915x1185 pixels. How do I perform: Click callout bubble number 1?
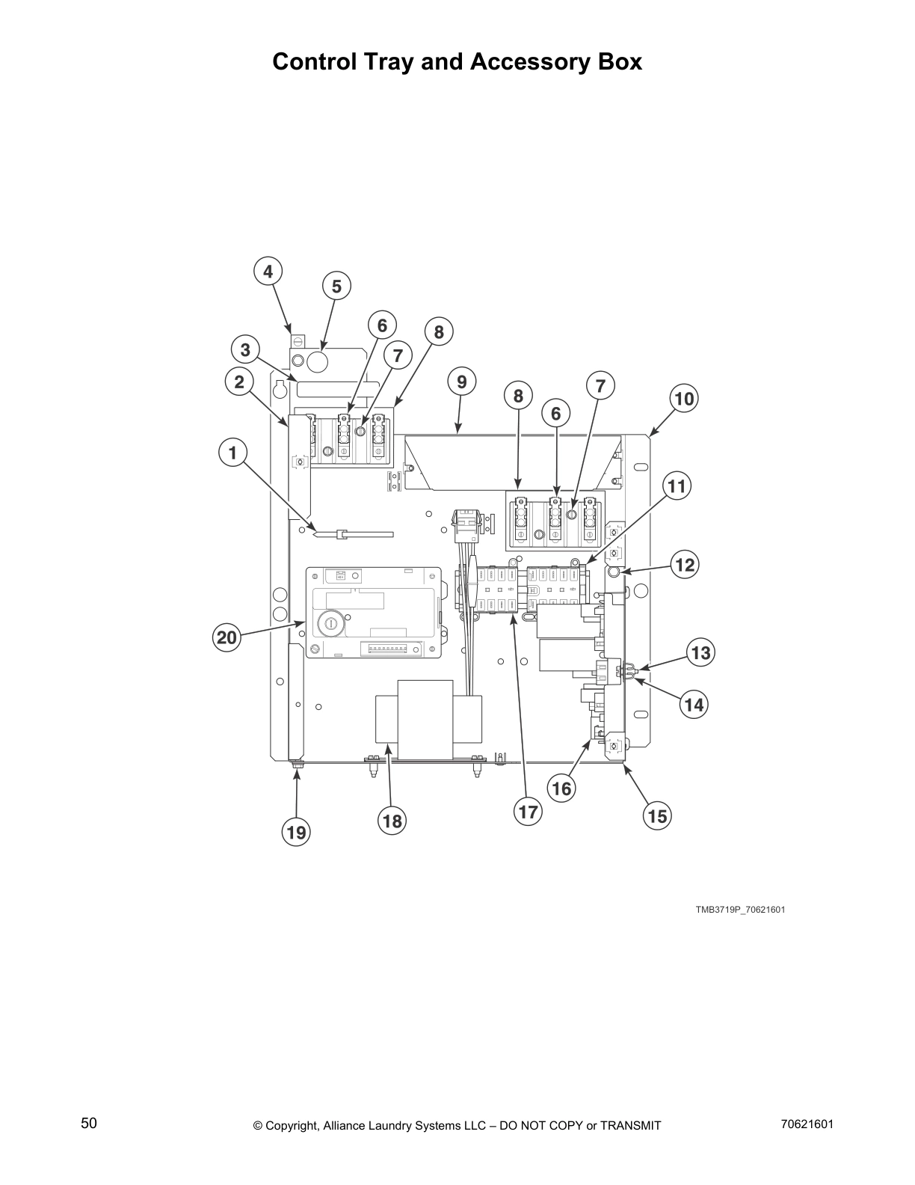[232, 453]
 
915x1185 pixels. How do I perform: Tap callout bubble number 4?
[268, 271]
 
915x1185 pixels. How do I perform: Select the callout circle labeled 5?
[336, 286]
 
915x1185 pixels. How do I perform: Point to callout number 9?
[461, 382]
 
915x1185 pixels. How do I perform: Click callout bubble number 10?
[684, 398]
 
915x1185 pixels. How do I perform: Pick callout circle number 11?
[676, 487]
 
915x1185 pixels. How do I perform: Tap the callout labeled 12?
[685, 564]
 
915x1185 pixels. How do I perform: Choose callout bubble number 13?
[700, 653]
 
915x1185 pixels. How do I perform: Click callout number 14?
[694, 704]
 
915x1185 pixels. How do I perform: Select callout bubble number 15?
[657, 815]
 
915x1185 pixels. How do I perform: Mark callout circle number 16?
[561, 788]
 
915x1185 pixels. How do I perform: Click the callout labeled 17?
[528, 812]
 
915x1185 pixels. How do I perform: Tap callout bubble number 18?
[392, 821]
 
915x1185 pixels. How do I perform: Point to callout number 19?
[297, 832]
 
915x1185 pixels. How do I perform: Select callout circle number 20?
[226, 637]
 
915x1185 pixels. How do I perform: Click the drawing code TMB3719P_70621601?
[740, 910]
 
